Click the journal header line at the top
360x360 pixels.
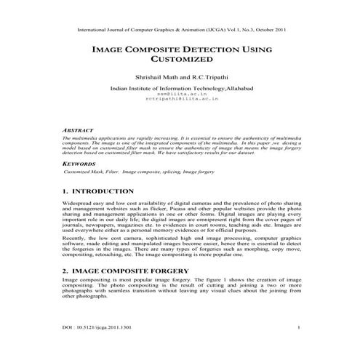pos(180,31)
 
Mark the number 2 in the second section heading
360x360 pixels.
pos(65,270)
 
